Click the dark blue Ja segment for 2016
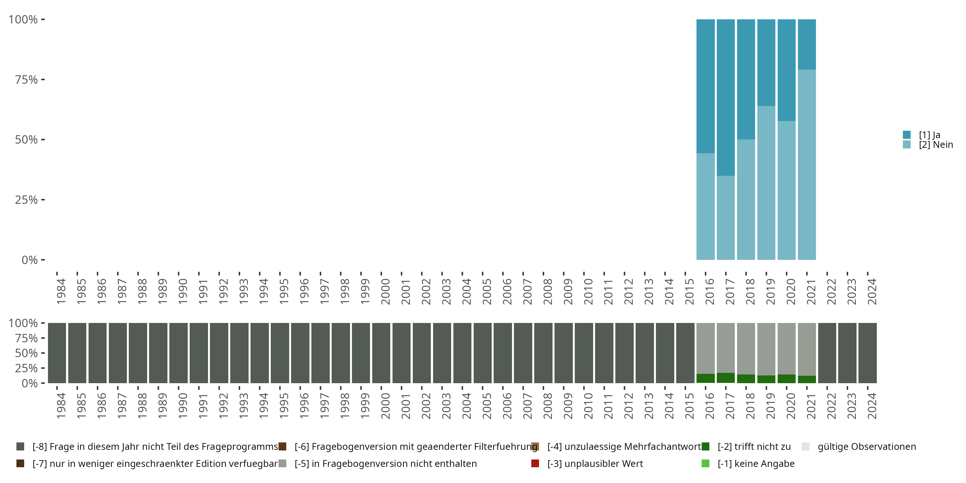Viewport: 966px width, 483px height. (706, 86)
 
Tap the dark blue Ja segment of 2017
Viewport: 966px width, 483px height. (725, 98)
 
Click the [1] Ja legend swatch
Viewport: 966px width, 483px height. (907, 135)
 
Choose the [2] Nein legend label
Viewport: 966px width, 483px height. (936, 145)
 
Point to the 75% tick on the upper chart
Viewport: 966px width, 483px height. (43, 80)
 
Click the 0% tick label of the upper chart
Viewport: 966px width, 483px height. (30, 260)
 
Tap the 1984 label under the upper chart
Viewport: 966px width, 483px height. (61, 291)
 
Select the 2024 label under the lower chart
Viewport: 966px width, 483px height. (872, 406)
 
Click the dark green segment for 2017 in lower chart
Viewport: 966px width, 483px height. (725, 378)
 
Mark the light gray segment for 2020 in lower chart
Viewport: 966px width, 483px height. (786, 348)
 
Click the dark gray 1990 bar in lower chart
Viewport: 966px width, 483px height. (178, 353)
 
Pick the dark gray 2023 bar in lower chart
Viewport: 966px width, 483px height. (847, 353)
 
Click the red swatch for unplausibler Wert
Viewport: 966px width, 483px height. (535, 463)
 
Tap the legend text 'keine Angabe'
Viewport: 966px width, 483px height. (756, 463)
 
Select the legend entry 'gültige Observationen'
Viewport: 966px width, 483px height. (866, 447)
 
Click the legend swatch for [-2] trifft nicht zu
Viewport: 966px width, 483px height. (706, 447)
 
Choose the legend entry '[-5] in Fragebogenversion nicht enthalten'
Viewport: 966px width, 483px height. (385, 463)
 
